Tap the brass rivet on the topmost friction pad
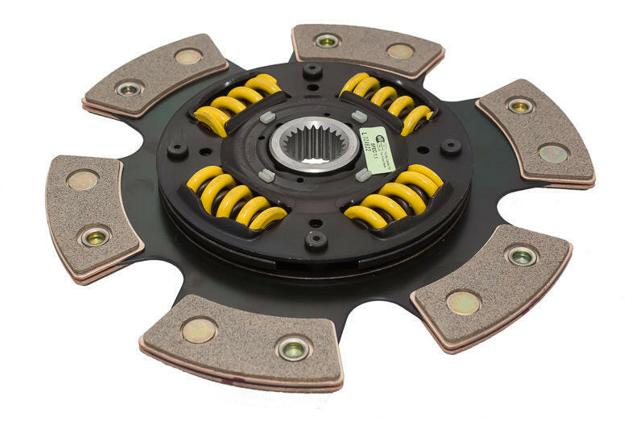(x=400, y=51)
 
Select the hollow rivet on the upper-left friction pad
(x=129, y=88)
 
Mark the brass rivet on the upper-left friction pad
(x=188, y=56)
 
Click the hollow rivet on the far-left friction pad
(x=95, y=236)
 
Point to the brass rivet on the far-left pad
(x=83, y=179)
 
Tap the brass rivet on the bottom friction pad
(x=199, y=328)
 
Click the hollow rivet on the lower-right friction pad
(x=521, y=256)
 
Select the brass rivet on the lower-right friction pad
(x=464, y=302)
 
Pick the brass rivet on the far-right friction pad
(x=553, y=153)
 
